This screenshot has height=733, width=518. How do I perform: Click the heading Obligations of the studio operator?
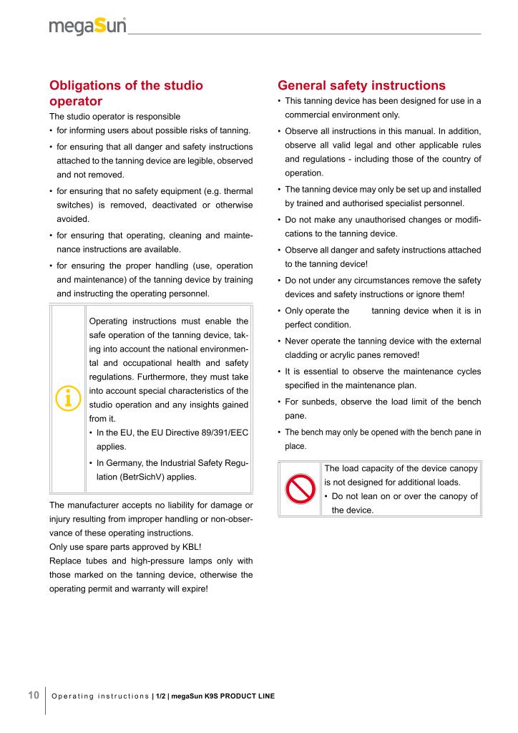coord(126,93)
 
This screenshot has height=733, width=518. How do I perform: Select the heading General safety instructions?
coord(361,86)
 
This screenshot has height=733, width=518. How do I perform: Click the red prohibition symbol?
coord(300,489)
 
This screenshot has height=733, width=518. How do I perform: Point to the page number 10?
coord(33,695)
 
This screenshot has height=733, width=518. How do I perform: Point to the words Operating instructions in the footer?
coord(100,696)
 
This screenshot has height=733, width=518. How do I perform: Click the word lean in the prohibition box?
coord(371,496)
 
